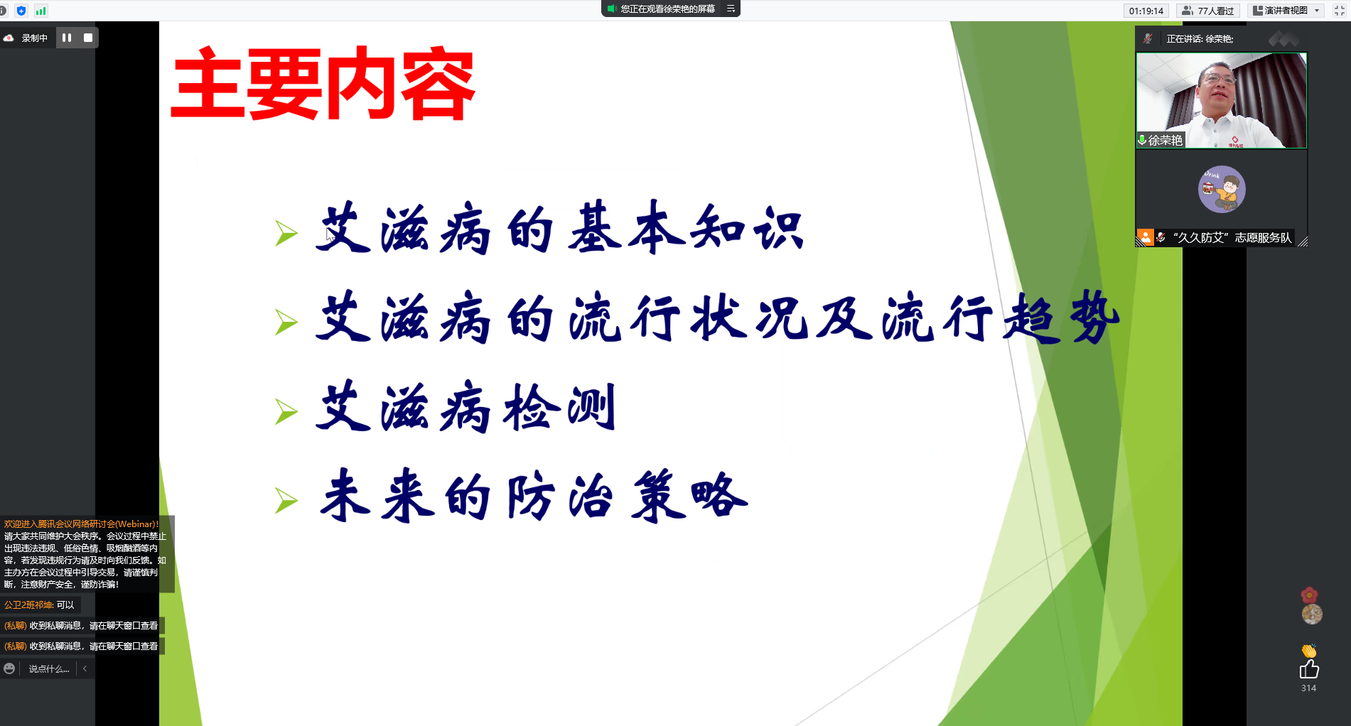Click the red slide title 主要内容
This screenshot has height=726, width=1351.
[x=323, y=84]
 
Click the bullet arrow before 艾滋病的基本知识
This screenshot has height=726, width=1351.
[x=286, y=233]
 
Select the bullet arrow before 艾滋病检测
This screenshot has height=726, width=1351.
[x=286, y=411]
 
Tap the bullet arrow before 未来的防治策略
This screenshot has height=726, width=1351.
[x=286, y=501]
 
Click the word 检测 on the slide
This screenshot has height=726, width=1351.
[x=559, y=408]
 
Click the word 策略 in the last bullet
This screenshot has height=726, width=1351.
[x=689, y=496]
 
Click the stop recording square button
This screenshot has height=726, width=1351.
[x=88, y=38]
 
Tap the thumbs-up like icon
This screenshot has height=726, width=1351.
[x=1308, y=669]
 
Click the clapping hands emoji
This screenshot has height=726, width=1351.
[x=1309, y=650]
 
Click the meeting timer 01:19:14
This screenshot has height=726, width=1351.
[x=1146, y=11]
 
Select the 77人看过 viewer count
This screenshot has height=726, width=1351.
[x=1208, y=11]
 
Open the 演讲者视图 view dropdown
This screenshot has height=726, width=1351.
[x=1286, y=11]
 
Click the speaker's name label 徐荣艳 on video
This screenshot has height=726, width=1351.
[x=1166, y=141]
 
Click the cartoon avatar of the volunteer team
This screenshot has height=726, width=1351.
[x=1222, y=190]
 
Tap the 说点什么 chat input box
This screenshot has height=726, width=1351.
[x=48, y=669]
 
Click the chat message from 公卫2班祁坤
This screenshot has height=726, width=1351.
[x=39, y=605]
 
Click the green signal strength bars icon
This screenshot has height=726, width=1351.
[x=41, y=11]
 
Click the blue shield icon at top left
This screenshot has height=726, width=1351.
[x=21, y=11]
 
